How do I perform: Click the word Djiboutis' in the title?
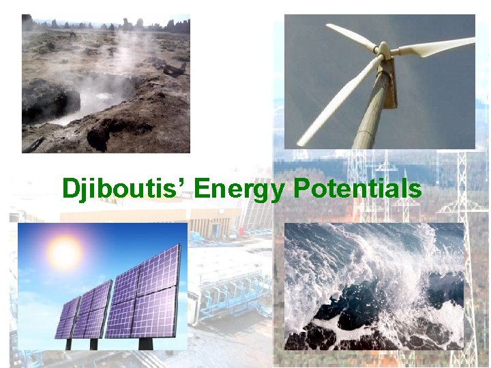click(x=124, y=188)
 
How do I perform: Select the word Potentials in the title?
click(x=357, y=188)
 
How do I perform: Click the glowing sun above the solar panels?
click(x=65, y=254)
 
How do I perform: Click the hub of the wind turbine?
click(x=383, y=50)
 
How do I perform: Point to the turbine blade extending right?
click(x=436, y=46)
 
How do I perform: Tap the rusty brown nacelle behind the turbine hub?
click(x=391, y=82)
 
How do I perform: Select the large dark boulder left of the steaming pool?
click(x=48, y=100)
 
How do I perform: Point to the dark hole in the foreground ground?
click(x=99, y=136)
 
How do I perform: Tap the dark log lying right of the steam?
click(x=174, y=70)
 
